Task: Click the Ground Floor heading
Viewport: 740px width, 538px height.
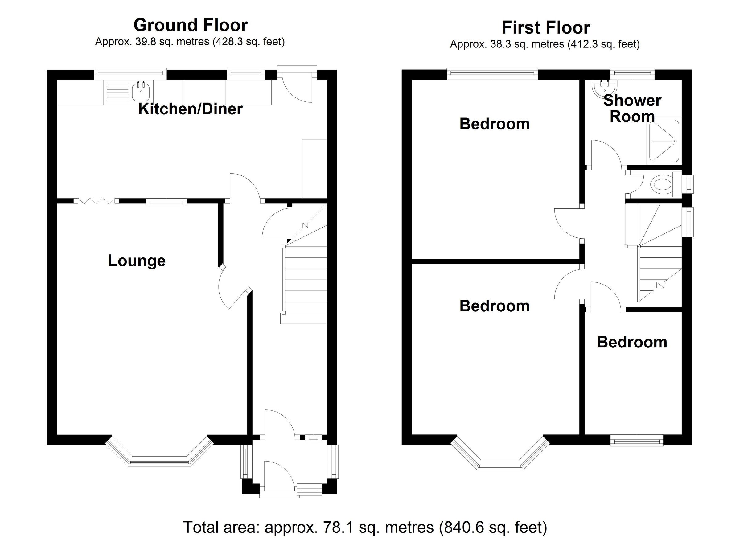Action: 191,25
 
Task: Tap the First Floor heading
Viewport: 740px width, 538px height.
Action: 545,28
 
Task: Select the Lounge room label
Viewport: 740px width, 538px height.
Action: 137,261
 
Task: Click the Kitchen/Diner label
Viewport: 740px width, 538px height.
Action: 191,109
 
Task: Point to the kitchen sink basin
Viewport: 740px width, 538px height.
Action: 141,91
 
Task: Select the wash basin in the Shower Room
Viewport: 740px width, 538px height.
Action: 604,88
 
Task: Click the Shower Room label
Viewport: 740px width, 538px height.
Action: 632,108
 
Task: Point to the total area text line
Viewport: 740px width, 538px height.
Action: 365,527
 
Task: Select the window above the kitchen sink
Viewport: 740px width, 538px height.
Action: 130,73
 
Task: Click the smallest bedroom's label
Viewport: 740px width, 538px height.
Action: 632,342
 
